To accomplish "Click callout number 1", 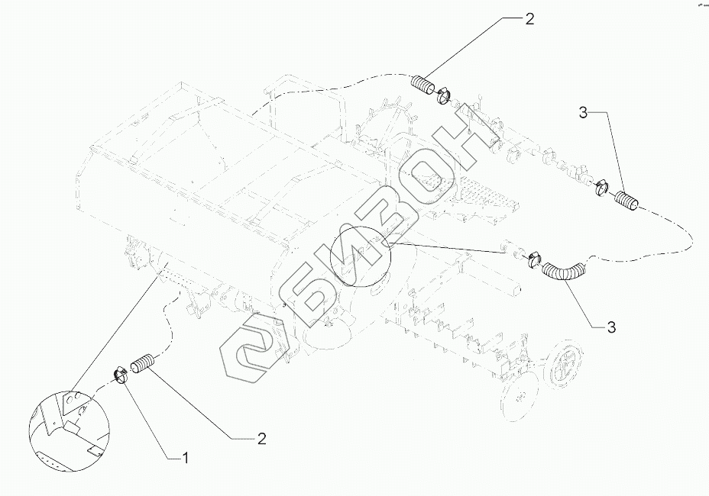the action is [x=183, y=458].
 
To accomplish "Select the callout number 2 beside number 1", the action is [x=261, y=438].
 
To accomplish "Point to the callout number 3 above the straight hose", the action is [x=583, y=113].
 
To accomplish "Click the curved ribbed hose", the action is [x=565, y=270].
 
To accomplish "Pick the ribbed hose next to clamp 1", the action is [x=143, y=363].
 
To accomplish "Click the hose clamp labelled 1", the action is [x=121, y=373].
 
